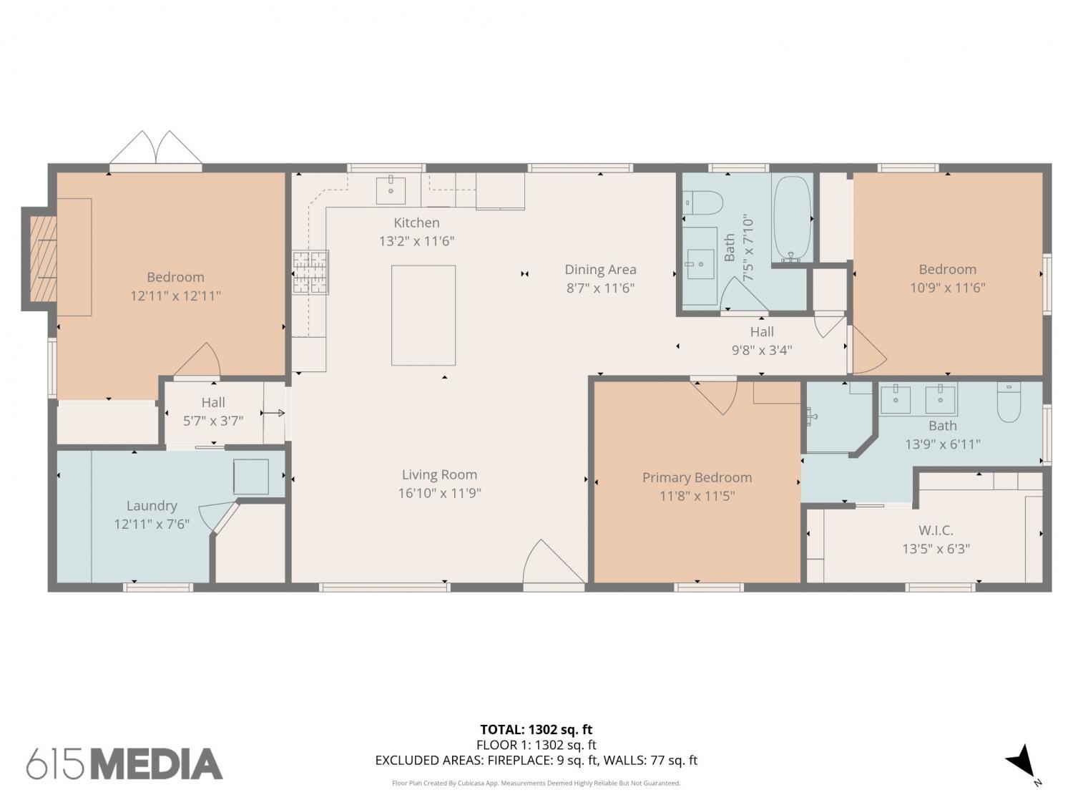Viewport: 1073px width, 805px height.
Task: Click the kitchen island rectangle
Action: click(423, 316)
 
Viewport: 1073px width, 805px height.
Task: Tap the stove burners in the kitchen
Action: click(310, 272)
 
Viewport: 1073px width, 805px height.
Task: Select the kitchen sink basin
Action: click(391, 190)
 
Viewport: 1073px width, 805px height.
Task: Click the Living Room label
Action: click(439, 474)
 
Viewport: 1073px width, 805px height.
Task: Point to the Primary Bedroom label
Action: click(697, 477)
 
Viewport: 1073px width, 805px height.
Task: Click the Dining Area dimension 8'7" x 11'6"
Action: click(600, 288)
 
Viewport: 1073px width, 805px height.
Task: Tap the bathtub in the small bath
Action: click(793, 218)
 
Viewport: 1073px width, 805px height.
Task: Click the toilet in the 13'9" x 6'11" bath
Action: click(1009, 401)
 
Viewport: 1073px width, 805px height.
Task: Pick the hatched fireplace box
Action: click(43, 258)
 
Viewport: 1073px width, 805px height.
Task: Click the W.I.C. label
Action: click(936, 530)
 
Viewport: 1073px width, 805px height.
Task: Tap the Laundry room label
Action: click(152, 506)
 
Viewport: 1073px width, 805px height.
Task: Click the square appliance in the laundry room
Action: click(251, 477)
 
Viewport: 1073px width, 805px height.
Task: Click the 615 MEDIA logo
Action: click(124, 764)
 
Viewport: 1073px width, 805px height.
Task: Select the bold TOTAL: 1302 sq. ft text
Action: click(536, 729)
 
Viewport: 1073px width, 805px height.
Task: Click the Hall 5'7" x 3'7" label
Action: click(213, 411)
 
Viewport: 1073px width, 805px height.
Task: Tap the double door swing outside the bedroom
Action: click(155, 147)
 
